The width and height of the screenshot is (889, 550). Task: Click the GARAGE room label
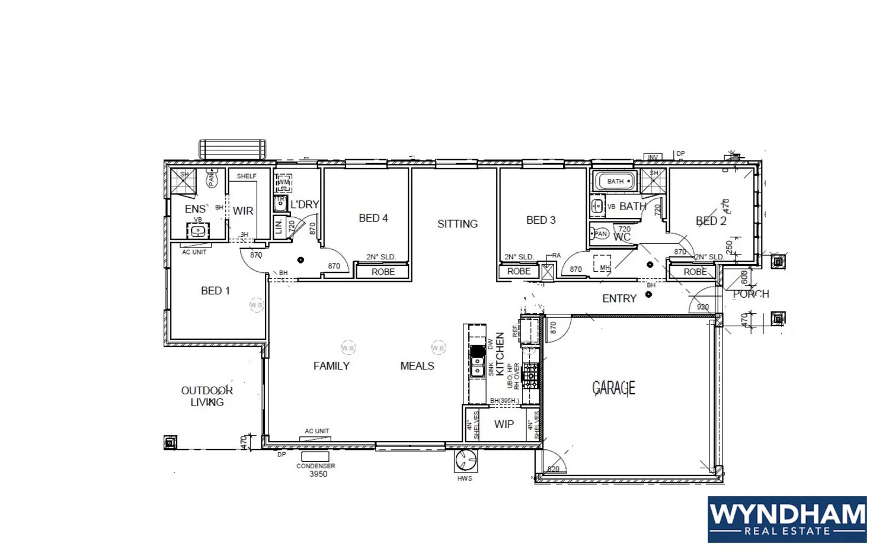click(613, 388)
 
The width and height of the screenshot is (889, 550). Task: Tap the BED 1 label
click(215, 291)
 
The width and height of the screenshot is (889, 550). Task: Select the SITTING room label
click(457, 224)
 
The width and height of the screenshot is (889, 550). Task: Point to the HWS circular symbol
click(465, 459)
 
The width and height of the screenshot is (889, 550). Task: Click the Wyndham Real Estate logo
click(786, 519)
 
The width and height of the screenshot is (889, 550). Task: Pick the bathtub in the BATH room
click(615, 181)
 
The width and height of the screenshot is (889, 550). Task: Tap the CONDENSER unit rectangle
click(315, 456)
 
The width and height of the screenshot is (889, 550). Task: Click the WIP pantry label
click(504, 424)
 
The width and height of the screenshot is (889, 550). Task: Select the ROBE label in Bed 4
click(383, 272)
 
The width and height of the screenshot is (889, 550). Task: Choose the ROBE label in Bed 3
click(519, 271)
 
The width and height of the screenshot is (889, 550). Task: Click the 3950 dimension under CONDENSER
click(318, 474)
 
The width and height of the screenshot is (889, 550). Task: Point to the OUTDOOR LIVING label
click(207, 396)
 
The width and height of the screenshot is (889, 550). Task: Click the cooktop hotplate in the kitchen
click(530, 375)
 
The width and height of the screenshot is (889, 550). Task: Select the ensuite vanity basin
click(198, 231)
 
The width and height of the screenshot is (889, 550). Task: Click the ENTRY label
click(619, 298)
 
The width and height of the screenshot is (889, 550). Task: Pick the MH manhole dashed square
click(602, 263)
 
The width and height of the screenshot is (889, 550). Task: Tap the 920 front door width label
click(702, 307)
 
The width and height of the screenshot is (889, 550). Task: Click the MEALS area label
click(417, 366)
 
